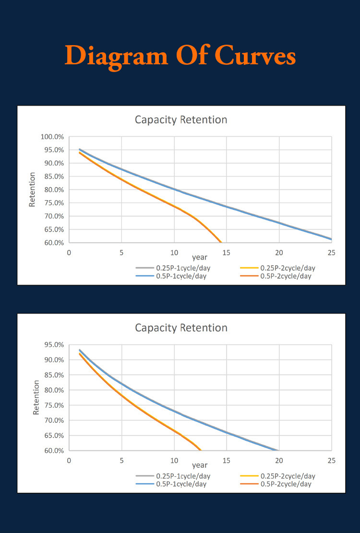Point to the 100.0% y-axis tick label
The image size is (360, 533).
tap(52, 137)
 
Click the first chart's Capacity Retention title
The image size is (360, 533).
tap(181, 119)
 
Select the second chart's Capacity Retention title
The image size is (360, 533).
tap(181, 328)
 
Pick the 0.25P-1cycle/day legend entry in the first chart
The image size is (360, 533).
tap(173, 268)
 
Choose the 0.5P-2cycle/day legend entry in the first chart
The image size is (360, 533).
tap(276, 276)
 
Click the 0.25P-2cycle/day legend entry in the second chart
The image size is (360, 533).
tap(278, 476)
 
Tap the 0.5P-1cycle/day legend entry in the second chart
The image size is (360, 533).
tap(171, 484)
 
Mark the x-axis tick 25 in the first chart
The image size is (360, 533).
tap(331, 252)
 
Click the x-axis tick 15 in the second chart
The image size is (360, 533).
tap(226, 461)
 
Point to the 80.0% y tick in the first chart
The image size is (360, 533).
tap(54, 190)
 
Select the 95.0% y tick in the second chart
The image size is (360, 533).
tap(54, 344)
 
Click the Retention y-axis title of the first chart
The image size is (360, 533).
tap(32, 190)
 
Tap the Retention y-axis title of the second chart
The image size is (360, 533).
tap(36, 397)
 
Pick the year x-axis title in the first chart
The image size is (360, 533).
tap(200, 258)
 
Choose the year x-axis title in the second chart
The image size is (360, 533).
tap(200, 465)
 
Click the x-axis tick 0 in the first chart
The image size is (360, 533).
tap(69, 252)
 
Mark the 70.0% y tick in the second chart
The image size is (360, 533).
tap(54, 420)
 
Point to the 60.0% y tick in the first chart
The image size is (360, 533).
tap(54, 243)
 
